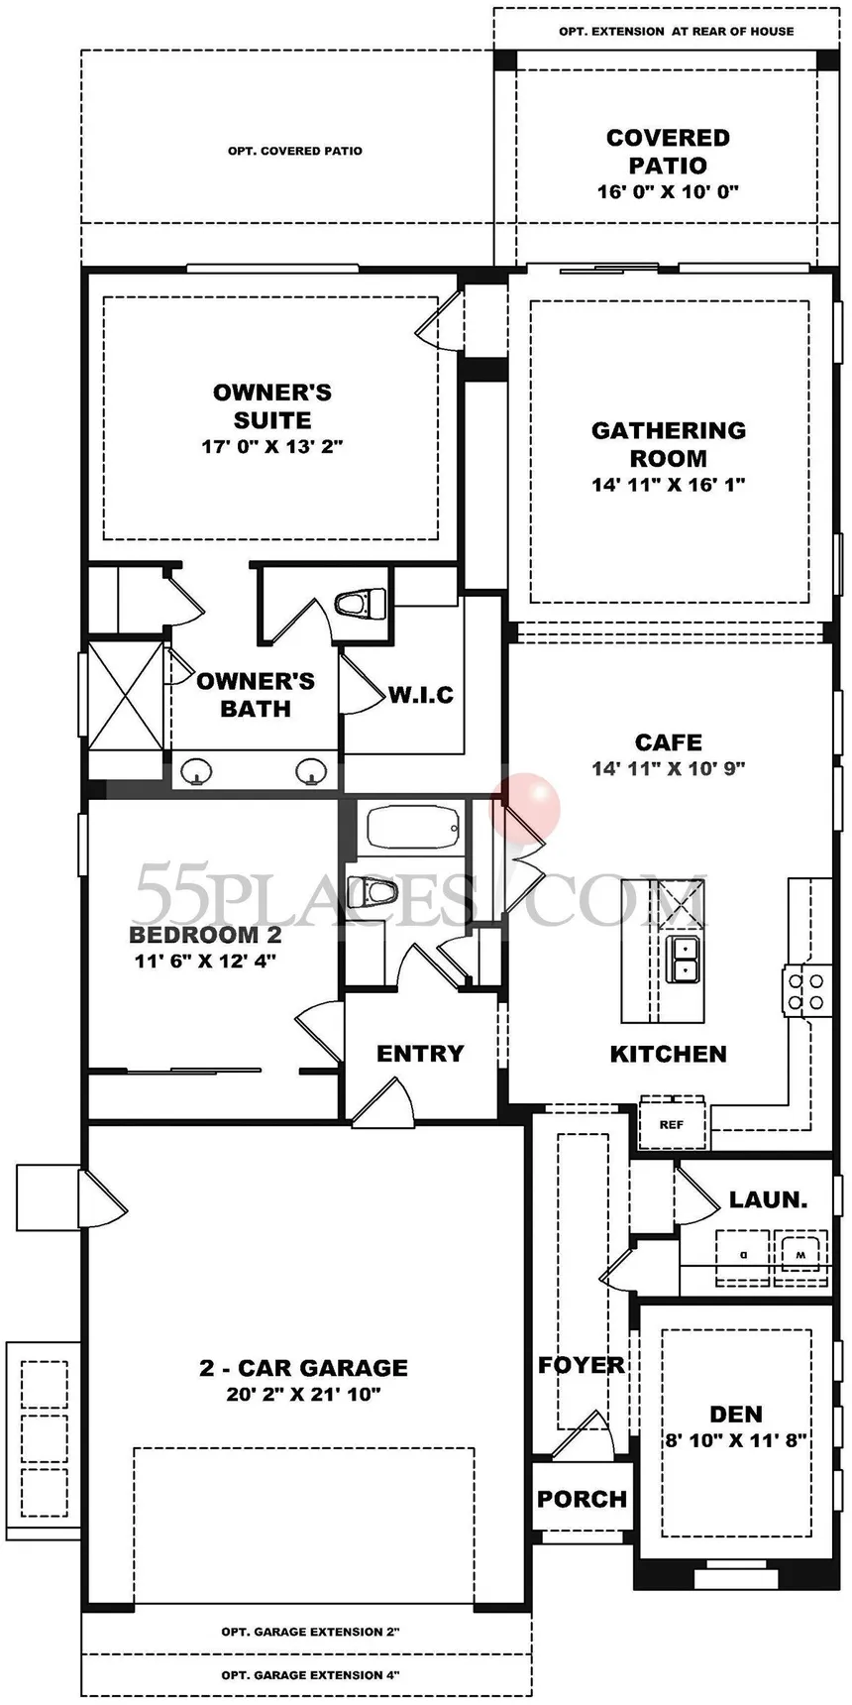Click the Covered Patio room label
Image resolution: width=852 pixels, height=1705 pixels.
click(668, 152)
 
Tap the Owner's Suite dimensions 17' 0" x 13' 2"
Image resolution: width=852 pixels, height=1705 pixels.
click(271, 447)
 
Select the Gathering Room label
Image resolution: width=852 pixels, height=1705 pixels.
click(669, 444)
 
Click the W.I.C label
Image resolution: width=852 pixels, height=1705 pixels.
click(421, 695)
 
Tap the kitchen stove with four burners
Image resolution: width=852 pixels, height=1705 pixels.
click(804, 990)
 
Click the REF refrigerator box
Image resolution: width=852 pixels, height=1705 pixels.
click(672, 1123)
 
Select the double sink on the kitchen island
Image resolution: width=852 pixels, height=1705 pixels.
click(684, 959)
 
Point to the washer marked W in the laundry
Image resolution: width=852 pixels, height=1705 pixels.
click(800, 1254)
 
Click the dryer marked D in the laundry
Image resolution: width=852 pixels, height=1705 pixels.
click(743, 1254)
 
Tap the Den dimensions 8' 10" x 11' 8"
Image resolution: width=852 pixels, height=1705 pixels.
click(736, 1440)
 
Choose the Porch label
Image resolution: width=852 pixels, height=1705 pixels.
click(582, 1499)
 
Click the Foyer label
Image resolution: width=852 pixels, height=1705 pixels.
click(582, 1365)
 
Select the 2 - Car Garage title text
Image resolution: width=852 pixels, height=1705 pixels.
click(303, 1368)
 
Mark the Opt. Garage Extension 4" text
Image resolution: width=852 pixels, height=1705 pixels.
click(310, 1675)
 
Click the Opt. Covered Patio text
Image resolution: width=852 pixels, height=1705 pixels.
click(295, 151)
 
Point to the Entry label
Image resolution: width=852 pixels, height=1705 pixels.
click(420, 1053)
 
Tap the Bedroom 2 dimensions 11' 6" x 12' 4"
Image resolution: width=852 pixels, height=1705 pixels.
click(205, 960)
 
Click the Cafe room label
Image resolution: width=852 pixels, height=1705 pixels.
click(669, 741)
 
